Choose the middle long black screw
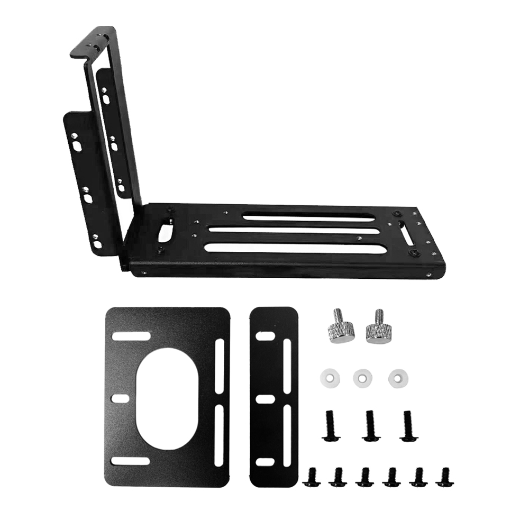click(370, 425)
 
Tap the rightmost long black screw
click(407, 426)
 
